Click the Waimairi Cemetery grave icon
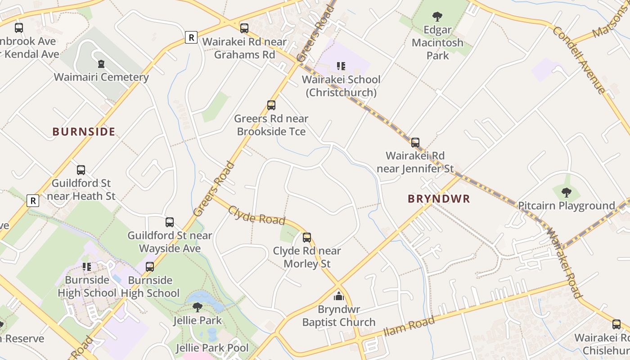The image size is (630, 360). tap(101, 64)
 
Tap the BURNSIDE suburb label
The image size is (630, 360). tap(84, 132)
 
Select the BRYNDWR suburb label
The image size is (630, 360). tap(439, 199)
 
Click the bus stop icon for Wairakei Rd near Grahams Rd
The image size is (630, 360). tap(244, 28)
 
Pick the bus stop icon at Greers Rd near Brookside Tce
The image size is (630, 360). tap(271, 105)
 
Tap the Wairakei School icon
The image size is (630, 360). tap(341, 67)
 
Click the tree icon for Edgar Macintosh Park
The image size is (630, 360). tap(437, 17)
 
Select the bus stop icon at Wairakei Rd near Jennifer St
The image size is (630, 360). tap(415, 143)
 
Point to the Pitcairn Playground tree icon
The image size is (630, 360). tap(566, 193)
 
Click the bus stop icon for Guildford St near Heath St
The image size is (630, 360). tap(81, 170)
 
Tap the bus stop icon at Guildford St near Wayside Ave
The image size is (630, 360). tap(170, 222)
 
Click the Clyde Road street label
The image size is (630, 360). tap(256, 216)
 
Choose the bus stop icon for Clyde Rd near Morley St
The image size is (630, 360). tap(307, 238)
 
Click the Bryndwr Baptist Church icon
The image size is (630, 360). tap(338, 296)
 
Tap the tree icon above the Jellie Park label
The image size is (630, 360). tap(197, 307)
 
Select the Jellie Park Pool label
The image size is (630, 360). tap(212, 348)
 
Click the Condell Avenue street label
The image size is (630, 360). tap(579, 60)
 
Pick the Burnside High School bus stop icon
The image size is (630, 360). tap(150, 267)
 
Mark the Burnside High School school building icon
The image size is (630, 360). tap(87, 267)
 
